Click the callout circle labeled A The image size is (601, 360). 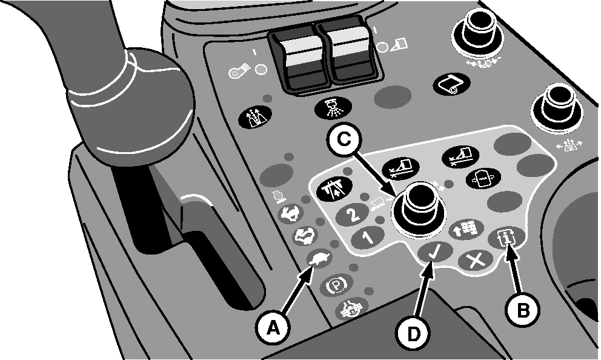pos(273,328)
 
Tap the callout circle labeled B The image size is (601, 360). pos(523,309)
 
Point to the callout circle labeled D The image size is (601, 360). pos(413,333)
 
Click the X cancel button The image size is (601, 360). pos(476,262)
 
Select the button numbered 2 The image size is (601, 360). pos(353,215)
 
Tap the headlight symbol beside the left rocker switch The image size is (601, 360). pos(238,72)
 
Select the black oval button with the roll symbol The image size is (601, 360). pos(451,84)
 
